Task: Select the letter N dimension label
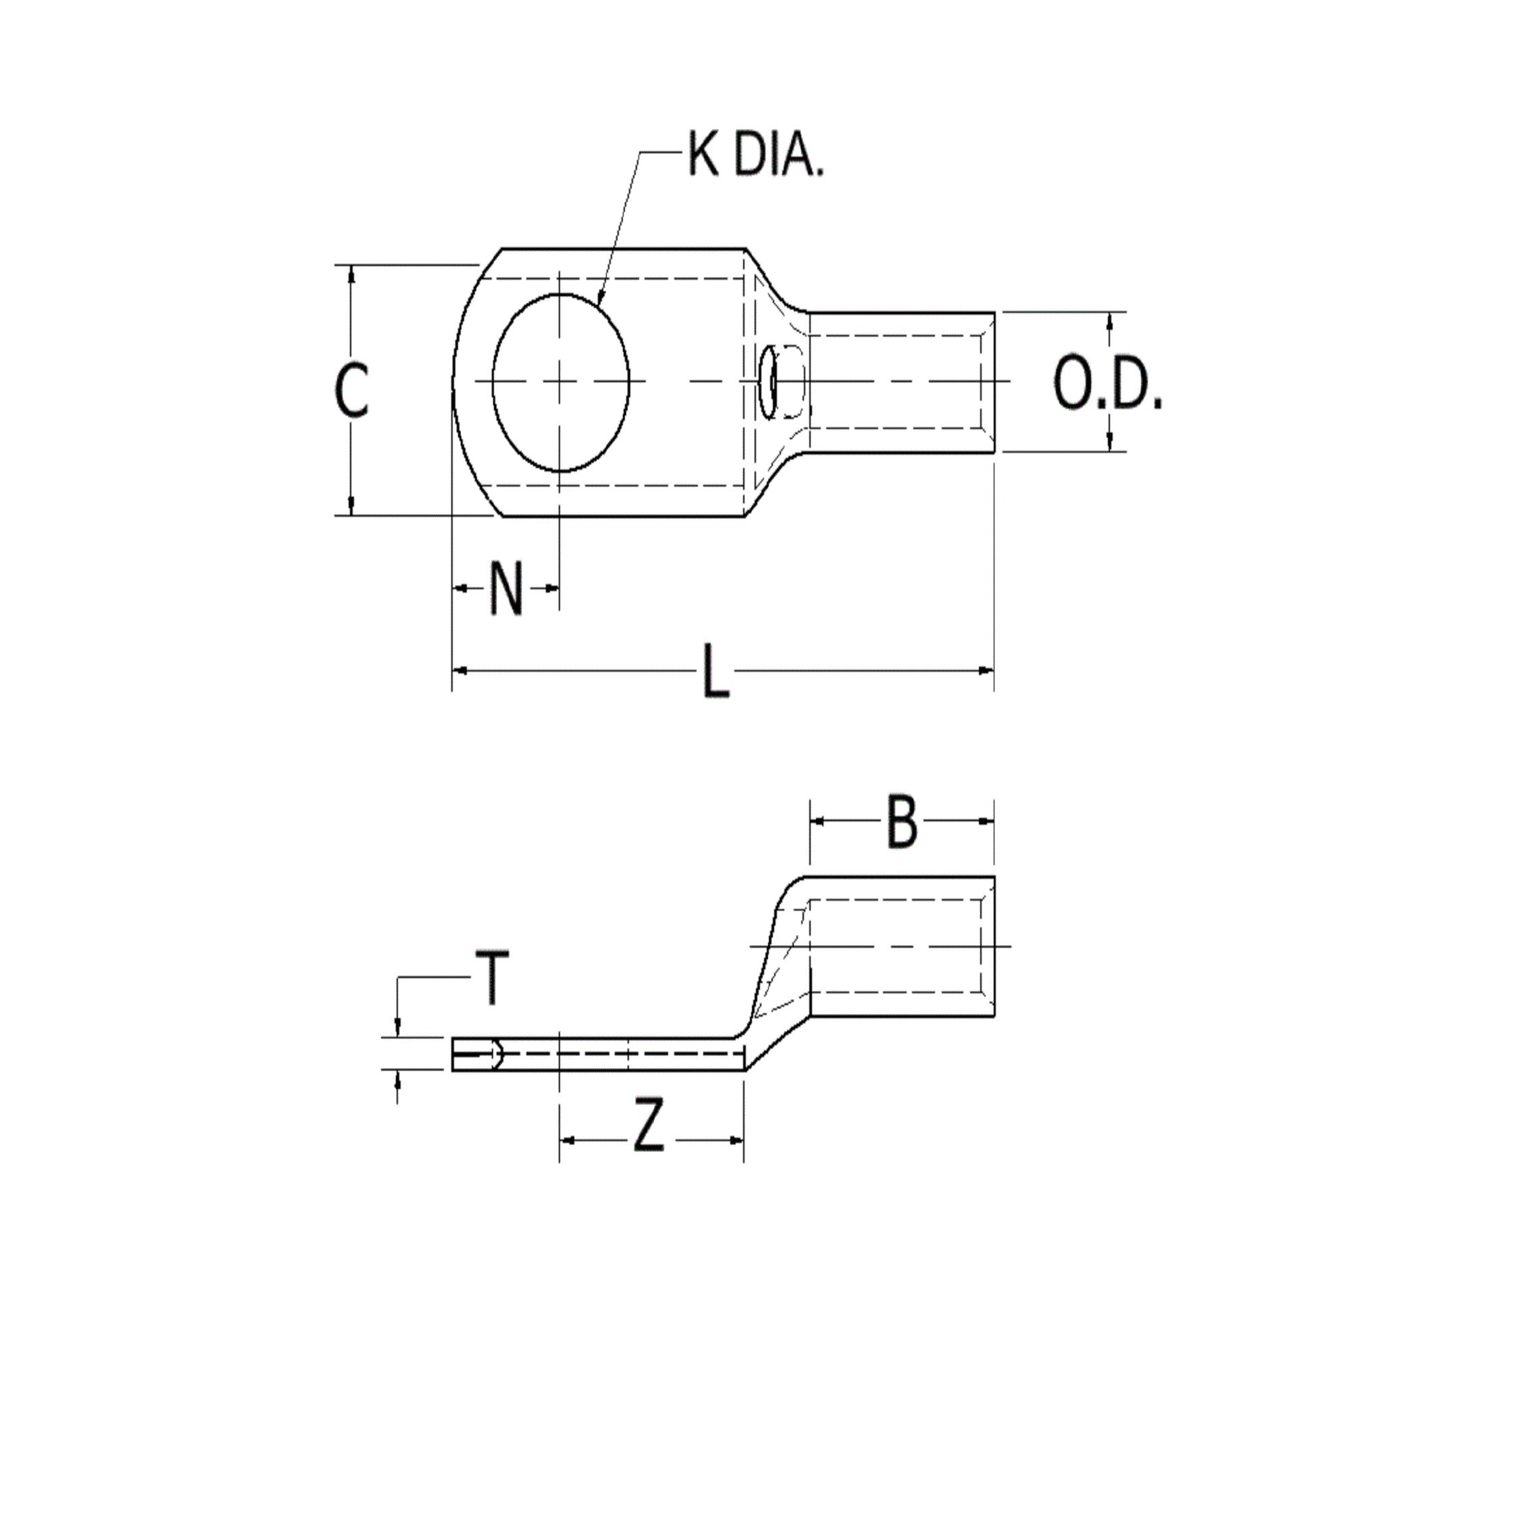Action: (x=506, y=588)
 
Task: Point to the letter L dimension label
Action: (x=715, y=671)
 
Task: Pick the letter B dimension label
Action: (x=902, y=823)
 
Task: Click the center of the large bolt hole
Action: (x=560, y=382)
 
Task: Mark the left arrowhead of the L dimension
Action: (x=460, y=670)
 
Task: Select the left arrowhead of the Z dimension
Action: (x=567, y=1139)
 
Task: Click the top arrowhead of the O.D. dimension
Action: (x=1109, y=320)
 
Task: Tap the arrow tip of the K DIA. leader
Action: (x=599, y=301)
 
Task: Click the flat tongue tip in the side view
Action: (x=456, y=1055)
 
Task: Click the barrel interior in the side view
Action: (x=897, y=946)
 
